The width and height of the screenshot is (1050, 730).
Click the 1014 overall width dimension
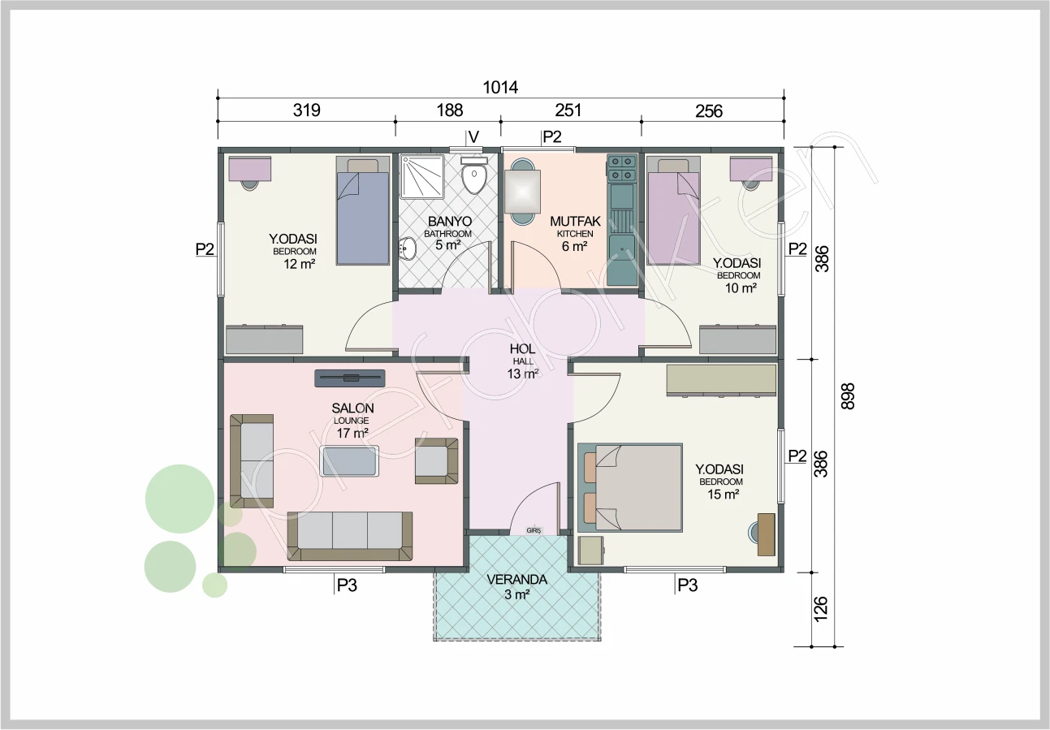(x=500, y=87)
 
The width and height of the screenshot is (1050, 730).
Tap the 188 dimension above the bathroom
(x=450, y=110)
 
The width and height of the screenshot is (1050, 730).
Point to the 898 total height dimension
(x=848, y=396)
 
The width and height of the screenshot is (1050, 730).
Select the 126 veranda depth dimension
(x=820, y=609)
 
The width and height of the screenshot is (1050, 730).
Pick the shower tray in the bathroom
(x=422, y=177)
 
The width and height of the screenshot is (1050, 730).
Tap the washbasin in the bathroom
(x=407, y=248)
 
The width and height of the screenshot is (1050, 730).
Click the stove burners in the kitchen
(x=622, y=169)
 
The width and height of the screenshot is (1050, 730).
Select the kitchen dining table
(x=521, y=192)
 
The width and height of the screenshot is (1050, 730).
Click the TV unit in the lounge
(x=350, y=378)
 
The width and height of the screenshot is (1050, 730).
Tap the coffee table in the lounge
(x=349, y=461)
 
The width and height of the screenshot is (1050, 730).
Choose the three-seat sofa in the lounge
(x=350, y=536)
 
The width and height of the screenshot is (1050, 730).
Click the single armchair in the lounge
(x=436, y=461)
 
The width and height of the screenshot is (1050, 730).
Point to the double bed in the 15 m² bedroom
(x=630, y=487)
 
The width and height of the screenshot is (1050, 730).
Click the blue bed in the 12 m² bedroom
(x=363, y=211)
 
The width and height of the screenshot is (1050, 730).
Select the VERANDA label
(x=517, y=580)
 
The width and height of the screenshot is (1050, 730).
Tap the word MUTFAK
(x=575, y=221)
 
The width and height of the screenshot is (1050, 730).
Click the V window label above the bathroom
(x=474, y=137)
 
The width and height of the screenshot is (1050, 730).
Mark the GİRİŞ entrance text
(x=534, y=530)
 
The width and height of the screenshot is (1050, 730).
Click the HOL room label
(x=522, y=349)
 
